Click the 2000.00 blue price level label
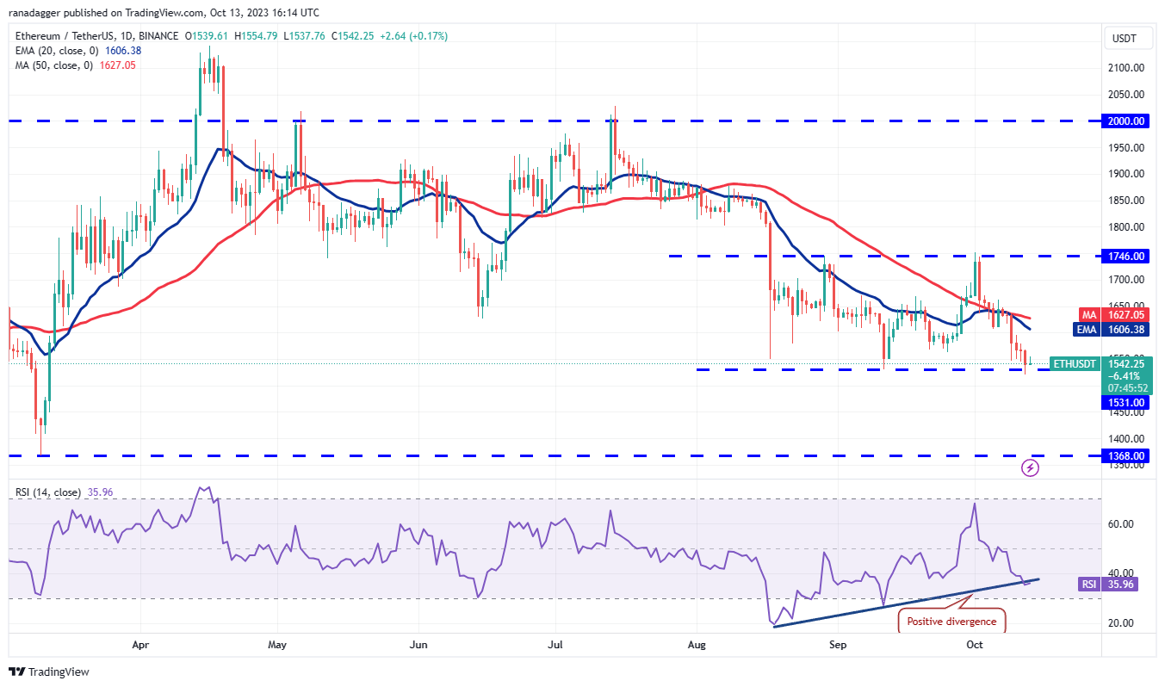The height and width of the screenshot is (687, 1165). pyautogui.click(x=1125, y=121)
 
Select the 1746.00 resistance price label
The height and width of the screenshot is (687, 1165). pyautogui.click(x=1125, y=256)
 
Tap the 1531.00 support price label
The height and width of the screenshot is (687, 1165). pyautogui.click(x=1125, y=402)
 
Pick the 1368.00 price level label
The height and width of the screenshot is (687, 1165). pyautogui.click(x=1125, y=455)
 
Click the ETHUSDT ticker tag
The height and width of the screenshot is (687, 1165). pyautogui.click(x=1075, y=363)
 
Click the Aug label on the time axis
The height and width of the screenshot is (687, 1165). pyautogui.click(x=696, y=644)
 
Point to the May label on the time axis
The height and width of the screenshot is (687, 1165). pyautogui.click(x=277, y=644)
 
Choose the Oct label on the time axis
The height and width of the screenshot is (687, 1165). pyautogui.click(x=975, y=644)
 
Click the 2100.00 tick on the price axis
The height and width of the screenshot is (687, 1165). pyautogui.click(x=1126, y=68)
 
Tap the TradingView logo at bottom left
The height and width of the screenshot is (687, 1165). pyautogui.click(x=49, y=672)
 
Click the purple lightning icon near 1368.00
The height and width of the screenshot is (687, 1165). pyautogui.click(x=1030, y=468)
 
